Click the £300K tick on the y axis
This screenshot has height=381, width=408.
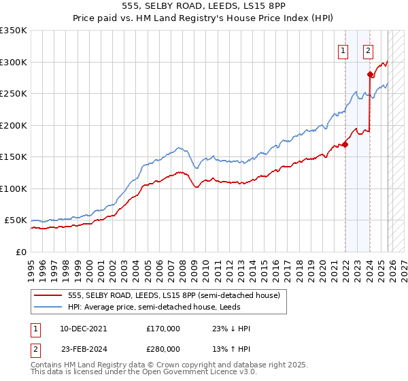(14, 62)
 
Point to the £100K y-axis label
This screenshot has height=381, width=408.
(14, 188)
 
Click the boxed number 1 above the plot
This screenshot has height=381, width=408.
(343, 50)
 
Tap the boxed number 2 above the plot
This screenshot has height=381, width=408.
(368, 50)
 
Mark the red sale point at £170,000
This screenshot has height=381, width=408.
(345, 144)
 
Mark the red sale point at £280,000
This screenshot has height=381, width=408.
(371, 75)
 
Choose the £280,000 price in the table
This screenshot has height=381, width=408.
(163, 348)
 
